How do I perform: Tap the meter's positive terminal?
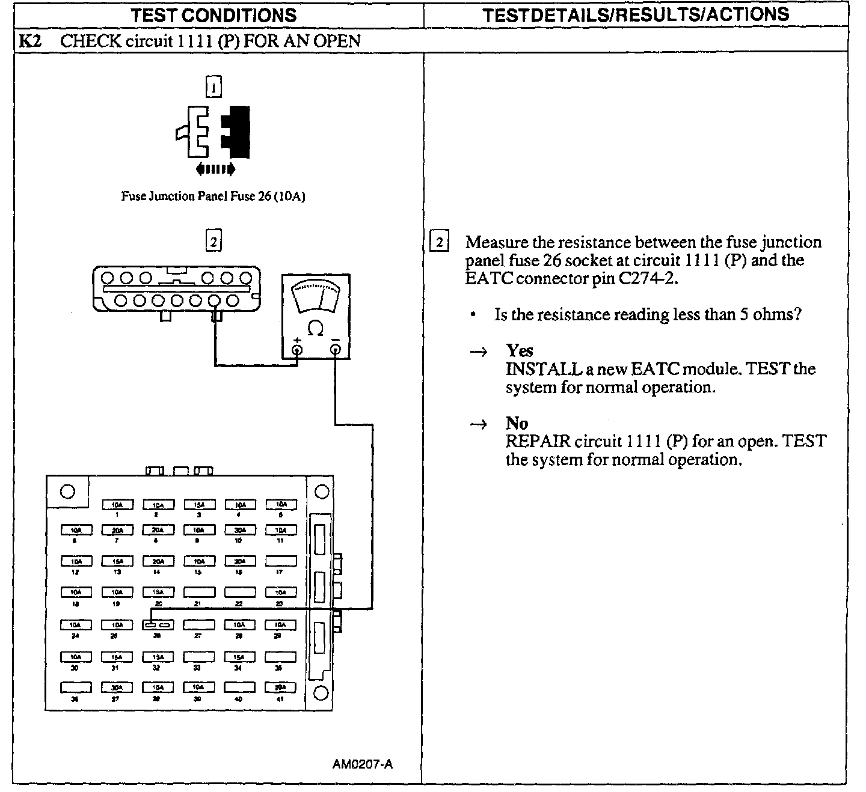click(297, 350)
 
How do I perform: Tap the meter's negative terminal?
click(335, 350)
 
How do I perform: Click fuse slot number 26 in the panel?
click(158, 625)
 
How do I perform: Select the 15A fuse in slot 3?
click(199, 505)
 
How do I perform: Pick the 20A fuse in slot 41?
click(281, 687)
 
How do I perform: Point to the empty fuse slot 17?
click(281, 561)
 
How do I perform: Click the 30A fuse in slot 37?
click(117, 687)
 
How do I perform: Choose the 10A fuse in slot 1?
click(117, 505)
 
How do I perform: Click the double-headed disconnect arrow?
click(215, 170)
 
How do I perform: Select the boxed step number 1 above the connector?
click(213, 88)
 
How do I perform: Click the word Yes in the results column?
click(520, 350)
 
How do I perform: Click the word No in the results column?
click(517, 423)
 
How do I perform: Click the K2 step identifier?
click(30, 41)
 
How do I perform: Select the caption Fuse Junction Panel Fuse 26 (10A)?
click(213, 196)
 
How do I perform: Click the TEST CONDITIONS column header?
click(214, 15)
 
